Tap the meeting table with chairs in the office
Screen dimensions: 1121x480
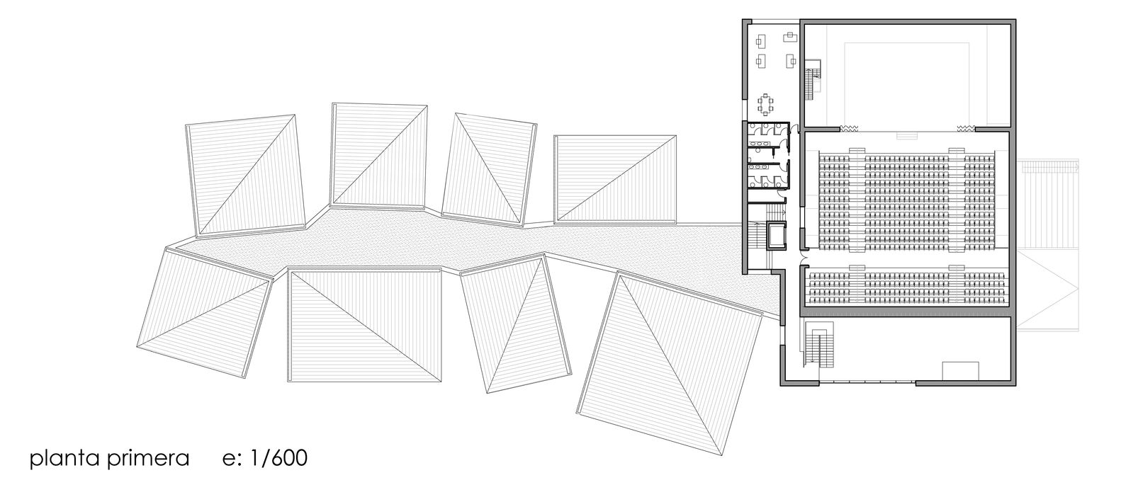tap(767, 105)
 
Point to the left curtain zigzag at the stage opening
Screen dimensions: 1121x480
tap(848, 128)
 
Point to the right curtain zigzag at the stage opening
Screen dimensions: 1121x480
tap(966, 128)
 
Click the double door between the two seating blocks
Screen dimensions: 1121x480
tap(801, 260)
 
